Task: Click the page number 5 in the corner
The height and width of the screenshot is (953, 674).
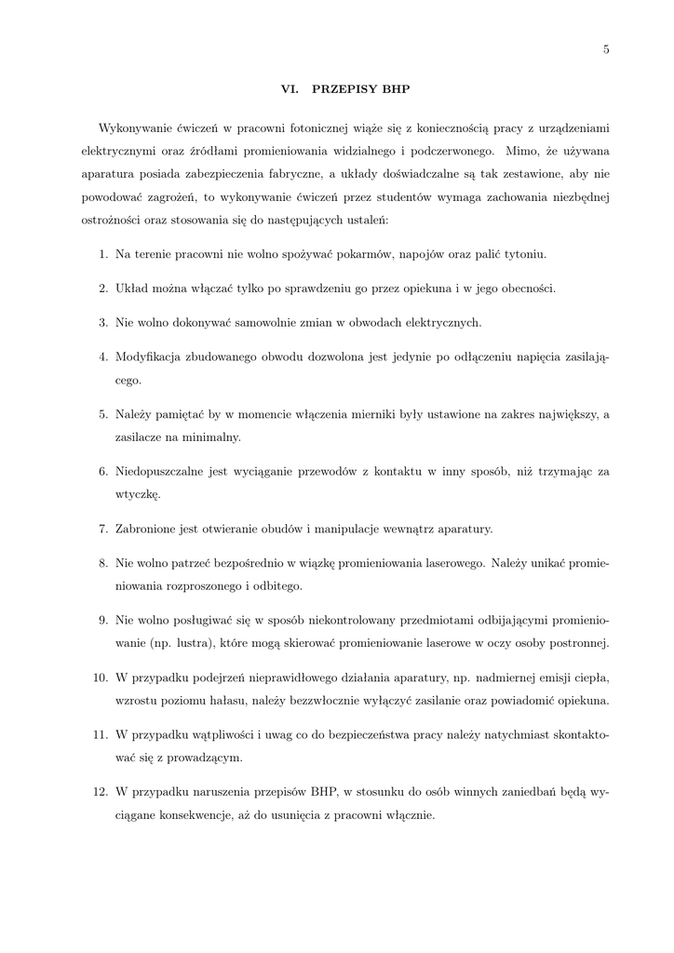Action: pyautogui.click(x=606, y=49)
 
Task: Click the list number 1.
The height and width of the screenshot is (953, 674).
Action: pyautogui.click(x=102, y=253)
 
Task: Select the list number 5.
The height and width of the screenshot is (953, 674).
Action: pyautogui.click(x=102, y=414)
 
